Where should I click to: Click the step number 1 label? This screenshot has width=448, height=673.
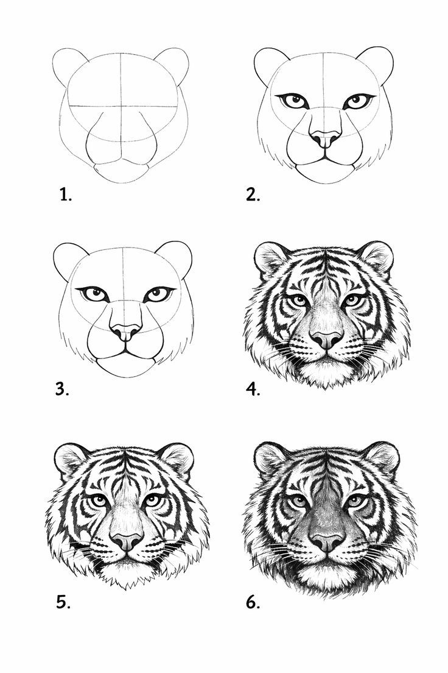pos(65,195)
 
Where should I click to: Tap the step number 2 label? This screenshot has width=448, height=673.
pos(253,195)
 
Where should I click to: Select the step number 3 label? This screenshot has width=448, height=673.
pos(62,390)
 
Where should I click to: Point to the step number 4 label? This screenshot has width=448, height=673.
pos(253,390)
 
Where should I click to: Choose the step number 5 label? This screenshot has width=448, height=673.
pos(63,602)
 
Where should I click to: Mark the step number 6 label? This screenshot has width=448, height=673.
pos(253,602)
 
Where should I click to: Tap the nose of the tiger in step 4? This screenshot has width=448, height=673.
pos(327,339)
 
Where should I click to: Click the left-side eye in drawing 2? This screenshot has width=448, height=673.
pos(295,101)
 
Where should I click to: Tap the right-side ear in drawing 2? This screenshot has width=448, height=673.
pos(376,65)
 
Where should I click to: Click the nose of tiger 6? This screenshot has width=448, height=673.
pos(327,542)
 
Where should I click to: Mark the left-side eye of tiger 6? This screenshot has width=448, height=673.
pos(298,501)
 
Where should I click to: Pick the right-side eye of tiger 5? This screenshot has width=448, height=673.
pos(153,500)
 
